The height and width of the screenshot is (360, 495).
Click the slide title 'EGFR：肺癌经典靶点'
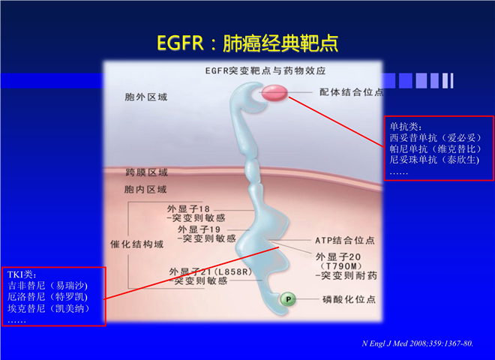click(x=247, y=43)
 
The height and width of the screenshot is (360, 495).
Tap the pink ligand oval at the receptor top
click(x=274, y=92)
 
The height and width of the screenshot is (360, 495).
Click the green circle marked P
click(x=288, y=299)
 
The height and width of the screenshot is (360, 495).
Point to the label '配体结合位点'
click(x=352, y=92)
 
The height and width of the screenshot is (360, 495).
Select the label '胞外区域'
click(x=145, y=97)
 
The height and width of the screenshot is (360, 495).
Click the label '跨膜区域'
click(x=146, y=172)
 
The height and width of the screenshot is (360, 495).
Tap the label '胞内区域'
click(x=145, y=189)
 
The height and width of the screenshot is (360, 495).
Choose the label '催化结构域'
click(x=136, y=244)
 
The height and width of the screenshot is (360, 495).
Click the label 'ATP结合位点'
click(x=345, y=240)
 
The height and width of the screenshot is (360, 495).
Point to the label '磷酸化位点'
click(x=349, y=299)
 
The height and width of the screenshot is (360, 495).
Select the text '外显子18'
click(x=188, y=208)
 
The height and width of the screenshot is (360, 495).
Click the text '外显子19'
click(x=199, y=229)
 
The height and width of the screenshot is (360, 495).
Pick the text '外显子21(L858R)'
click(x=211, y=271)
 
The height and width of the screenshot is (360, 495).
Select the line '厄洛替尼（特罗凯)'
click(x=47, y=297)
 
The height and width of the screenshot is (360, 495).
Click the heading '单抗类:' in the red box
click(x=405, y=127)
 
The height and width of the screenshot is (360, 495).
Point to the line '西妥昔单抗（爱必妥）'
click(x=435, y=138)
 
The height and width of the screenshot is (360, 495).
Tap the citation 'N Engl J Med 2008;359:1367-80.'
click(x=417, y=343)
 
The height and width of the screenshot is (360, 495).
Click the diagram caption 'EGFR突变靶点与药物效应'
click(x=265, y=70)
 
